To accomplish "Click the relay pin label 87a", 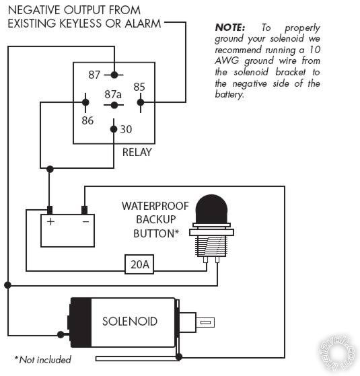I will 113,94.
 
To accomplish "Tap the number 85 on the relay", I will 139,87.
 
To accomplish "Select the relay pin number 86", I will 87,120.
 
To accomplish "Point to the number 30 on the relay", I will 126,129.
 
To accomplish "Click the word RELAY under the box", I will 137,152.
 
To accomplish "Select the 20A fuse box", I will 140,265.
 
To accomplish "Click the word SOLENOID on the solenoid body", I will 129,322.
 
